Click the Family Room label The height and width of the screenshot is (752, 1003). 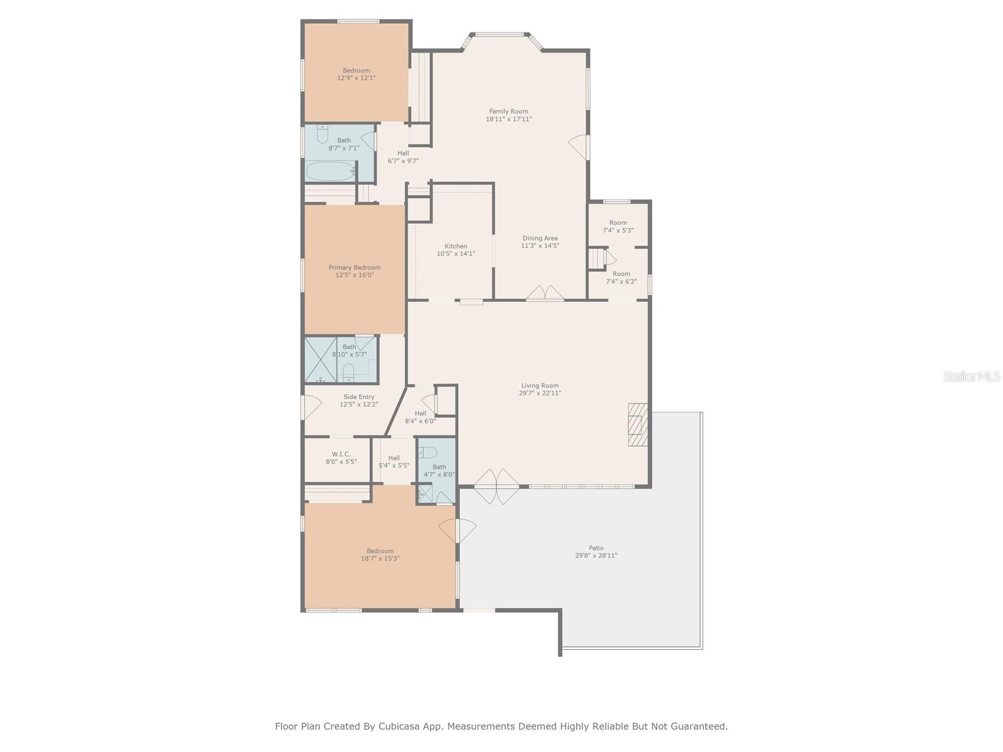coord(508,111)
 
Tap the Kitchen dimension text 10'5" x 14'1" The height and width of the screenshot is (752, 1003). coord(456,253)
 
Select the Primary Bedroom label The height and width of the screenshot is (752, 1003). coord(354,268)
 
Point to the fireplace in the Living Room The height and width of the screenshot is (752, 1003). coord(638,424)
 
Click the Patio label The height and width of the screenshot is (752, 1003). coord(596,548)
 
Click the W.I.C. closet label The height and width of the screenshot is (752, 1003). coord(341,454)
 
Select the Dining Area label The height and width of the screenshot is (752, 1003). coord(540,238)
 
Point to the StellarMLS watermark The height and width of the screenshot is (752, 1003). coord(972,376)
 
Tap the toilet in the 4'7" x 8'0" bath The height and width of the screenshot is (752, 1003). coord(428,452)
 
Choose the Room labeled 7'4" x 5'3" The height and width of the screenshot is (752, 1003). coord(618,226)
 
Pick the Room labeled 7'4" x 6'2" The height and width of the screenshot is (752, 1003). coord(621,278)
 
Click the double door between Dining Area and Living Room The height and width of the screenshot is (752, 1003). coord(545,293)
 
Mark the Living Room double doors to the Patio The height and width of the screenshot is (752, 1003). coord(496,487)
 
